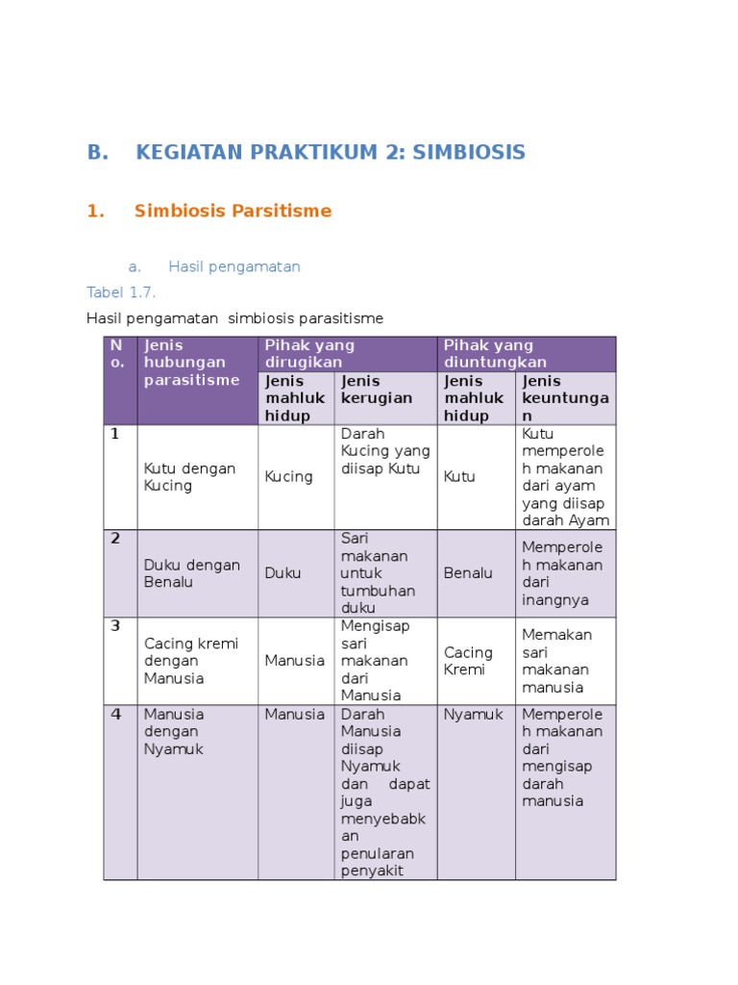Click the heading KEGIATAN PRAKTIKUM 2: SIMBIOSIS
coord(331,152)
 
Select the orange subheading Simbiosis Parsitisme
coord(233,211)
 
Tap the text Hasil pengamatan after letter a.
coord(234,266)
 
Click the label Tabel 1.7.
coord(121,292)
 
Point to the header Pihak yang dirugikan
coord(309,353)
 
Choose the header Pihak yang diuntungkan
coord(488,353)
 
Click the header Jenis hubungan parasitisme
coord(192,363)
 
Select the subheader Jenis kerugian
coord(377,390)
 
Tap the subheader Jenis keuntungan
coord(561,398)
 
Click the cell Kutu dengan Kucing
coord(189,477)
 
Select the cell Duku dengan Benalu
coord(192,573)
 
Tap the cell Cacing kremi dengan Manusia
coord(191,661)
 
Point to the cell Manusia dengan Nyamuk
coord(174,731)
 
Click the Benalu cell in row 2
coord(468,573)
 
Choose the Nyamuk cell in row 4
coord(468,715)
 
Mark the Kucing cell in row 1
coord(289,477)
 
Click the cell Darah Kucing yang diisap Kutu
coord(385,451)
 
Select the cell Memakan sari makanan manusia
coord(556,661)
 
